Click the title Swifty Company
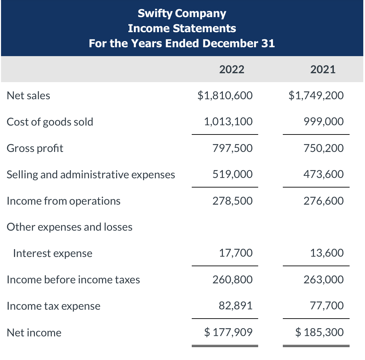click(x=182, y=13)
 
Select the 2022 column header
click(x=232, y=69)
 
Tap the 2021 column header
click(x=323, y=69)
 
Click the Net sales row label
click(x=28, y=95)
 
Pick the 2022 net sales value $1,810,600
click(x=225, y=95)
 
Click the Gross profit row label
click(x=35, y=148)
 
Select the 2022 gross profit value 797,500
click(x=232, y=148)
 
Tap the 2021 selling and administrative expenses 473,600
click(x=323, y=174)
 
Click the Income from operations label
click(x=64, y=201)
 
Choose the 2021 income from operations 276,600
click(x=323, y=201)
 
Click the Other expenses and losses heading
click(x=70, y=227)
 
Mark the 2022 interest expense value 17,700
click(x=236, y=253)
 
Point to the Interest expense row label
click(x=52, y=253)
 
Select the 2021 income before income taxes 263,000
click(x=323, y=280)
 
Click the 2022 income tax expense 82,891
click(x=236, y=306)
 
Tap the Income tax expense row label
click(x=54, y=306)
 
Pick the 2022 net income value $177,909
click(x=228, y=332)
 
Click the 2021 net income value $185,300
click(x=319, y=332)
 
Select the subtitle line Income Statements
click(x=182, y=28)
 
